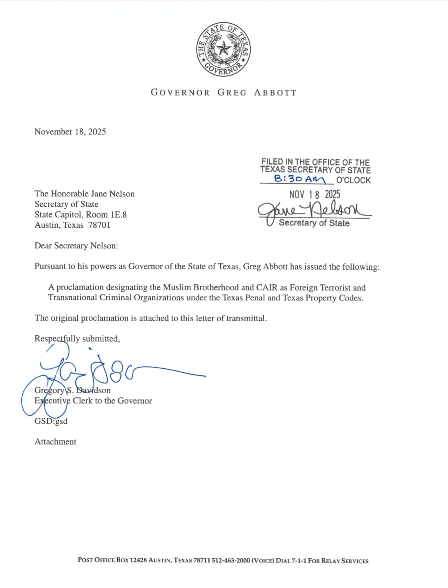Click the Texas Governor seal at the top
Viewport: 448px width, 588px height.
[223, 49]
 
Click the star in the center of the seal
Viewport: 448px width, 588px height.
[223, 49]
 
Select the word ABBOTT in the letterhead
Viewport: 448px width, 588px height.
[275, 93]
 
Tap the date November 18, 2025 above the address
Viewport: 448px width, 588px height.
[70, 132]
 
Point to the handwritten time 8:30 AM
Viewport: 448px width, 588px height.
[300, 179]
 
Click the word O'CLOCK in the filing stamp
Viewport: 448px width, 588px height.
[353, 180]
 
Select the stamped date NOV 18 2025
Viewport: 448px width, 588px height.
[315, 194]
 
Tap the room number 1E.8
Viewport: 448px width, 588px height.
[119, 214]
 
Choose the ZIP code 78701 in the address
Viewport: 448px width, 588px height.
[99, 225]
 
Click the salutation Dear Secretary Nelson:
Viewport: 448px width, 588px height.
[76, 246]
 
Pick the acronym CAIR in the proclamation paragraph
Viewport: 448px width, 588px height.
[267, 288]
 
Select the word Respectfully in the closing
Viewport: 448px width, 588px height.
[57, 339]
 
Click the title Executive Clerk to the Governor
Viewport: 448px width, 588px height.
[93, 401]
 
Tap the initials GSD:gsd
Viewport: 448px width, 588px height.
[51, 421]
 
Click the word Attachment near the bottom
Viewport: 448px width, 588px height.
[55, 442]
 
